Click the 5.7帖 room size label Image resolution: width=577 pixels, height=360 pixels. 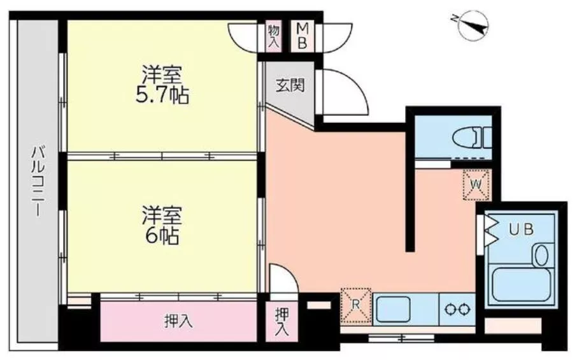162,96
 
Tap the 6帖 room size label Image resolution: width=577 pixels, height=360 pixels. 162,236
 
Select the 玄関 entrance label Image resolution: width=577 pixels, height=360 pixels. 290,85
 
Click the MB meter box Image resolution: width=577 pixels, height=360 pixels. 302,36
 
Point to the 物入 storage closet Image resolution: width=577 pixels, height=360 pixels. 274,36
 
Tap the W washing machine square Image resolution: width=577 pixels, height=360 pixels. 476,184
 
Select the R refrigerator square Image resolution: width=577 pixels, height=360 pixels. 356,305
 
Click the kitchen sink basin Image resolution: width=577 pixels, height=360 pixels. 393,309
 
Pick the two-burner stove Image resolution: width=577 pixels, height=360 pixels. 457,308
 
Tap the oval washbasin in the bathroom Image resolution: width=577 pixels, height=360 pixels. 541,256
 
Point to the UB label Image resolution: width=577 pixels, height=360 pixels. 521,230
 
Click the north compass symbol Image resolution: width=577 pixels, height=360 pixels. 473,25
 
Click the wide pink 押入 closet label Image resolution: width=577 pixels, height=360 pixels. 178,322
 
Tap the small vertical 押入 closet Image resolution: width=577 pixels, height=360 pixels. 282,322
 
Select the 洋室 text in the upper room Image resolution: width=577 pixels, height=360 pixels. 162,75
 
